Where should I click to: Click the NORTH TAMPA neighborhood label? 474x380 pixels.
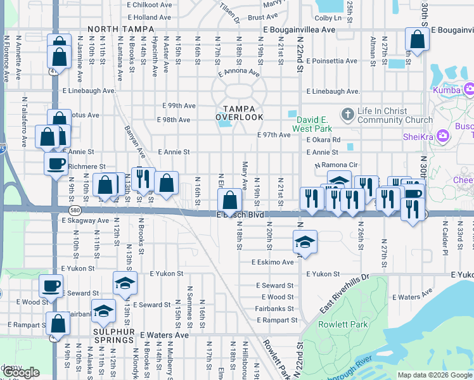[120, 29]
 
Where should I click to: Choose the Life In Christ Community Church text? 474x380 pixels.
[390, 115]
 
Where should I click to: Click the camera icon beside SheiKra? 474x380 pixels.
[443, 136]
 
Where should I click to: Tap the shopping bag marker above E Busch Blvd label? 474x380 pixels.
[229, 201]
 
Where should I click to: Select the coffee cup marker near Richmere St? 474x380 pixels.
[56, 165]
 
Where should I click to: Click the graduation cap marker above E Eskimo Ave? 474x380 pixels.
[305, 242]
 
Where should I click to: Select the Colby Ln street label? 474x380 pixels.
[328, 18]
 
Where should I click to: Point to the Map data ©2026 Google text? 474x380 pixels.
[434, 375]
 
